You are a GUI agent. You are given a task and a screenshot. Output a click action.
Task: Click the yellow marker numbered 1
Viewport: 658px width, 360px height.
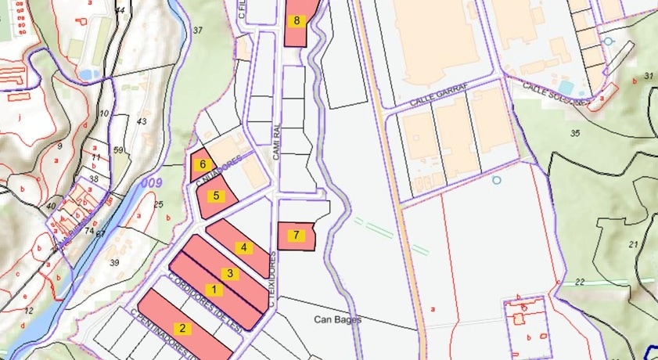point(217,290)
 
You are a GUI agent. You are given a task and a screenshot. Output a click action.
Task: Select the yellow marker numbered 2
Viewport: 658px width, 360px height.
point(182,329)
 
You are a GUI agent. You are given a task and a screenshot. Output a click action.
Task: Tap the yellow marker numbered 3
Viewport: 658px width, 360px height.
point(230,273)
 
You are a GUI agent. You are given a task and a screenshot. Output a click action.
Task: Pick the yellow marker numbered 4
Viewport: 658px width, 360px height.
point(244,248)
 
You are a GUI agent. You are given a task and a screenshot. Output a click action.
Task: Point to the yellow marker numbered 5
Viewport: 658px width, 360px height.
point(216,195)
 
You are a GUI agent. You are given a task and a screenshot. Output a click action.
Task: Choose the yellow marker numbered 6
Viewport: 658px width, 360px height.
point(203,164)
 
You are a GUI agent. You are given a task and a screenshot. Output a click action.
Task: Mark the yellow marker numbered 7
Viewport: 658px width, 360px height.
point(297,234)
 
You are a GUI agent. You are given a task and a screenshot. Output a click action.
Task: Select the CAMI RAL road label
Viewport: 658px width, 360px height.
point(276,143)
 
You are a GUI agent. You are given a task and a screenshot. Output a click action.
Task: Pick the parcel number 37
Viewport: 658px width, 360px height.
point(198,30)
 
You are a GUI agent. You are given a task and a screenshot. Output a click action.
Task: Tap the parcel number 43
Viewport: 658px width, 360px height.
point(142,121)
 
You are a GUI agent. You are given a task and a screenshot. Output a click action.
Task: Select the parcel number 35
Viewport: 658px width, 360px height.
point(576,133)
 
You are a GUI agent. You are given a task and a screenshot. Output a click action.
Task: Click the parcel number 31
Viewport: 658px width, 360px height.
point(649,76)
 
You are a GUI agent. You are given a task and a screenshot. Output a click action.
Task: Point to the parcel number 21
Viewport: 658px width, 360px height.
point(633,244)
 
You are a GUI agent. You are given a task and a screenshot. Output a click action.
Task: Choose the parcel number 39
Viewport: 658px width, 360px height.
point(115,262)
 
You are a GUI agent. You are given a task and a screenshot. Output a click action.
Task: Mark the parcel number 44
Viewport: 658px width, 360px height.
point(120,10)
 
